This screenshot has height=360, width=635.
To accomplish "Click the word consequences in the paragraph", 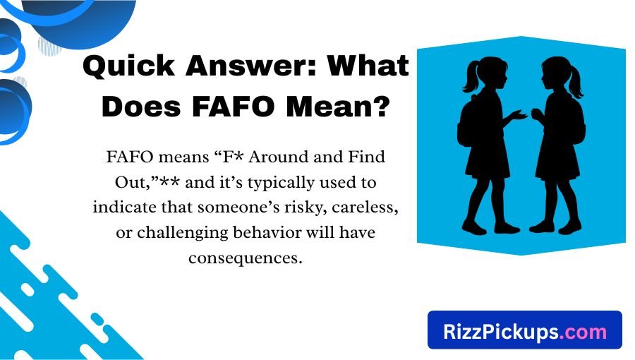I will (x=245, y=258).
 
